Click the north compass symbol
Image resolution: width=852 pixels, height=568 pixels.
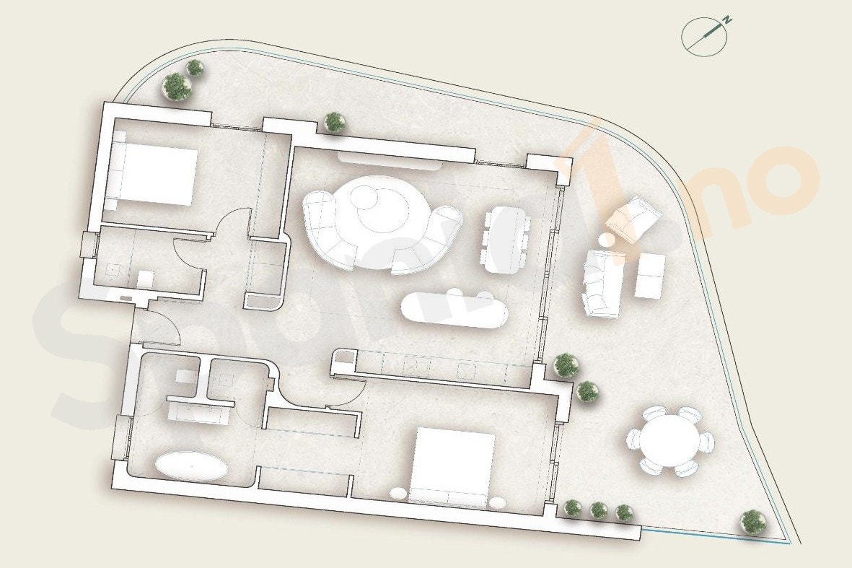(x=704, y=36)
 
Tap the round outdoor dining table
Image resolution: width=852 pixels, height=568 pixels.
(x=670, y=440)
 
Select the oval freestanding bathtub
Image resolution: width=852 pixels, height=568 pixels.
(x=192, y=466)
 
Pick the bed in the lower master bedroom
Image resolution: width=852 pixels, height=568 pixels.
(x=453, y=466)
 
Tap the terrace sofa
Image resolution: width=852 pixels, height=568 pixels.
(x=602, y=283)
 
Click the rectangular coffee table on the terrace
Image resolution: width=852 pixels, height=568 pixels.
(x=649, y=276)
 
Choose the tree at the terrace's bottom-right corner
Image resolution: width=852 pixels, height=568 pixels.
(x=753, y=521)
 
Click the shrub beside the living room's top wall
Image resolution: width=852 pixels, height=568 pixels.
(x=335, y=122)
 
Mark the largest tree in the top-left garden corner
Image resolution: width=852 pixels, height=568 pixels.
(x=177, y=87)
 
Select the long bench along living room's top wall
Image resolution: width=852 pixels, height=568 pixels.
(x=389, y=161)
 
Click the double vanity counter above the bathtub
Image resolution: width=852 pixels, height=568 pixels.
(x=200, y=412)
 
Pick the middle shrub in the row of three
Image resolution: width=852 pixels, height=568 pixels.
(x=599, y=510)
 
